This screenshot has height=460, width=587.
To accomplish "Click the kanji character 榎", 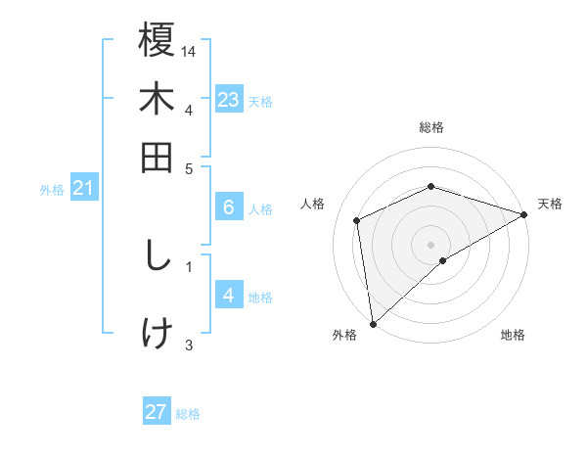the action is coord(157,42).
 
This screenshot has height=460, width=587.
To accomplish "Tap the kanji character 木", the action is coord(157,99).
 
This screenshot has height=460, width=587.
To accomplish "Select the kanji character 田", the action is coord(157,156).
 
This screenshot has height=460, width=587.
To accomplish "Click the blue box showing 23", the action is coord(228,100).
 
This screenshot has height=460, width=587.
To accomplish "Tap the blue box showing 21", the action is coord(83,188).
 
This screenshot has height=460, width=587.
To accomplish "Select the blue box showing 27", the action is coord(157,412).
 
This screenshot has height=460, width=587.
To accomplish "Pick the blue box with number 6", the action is coord(228,207).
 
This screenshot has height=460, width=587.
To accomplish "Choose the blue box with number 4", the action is coord(228,297).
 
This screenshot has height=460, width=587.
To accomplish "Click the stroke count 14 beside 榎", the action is coord(190,50).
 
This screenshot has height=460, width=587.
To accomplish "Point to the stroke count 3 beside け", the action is coord(189,344).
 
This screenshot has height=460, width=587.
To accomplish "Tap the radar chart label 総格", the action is coord(430,127).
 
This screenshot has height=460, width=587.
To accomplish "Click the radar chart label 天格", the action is coord(550,204).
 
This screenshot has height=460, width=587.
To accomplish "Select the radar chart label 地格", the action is coord(513,336).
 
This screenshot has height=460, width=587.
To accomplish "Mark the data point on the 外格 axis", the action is coord(373,323).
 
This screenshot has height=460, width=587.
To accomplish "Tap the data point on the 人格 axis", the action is coord(357,220).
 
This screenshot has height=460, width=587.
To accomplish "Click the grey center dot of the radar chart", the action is coord(430,244).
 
